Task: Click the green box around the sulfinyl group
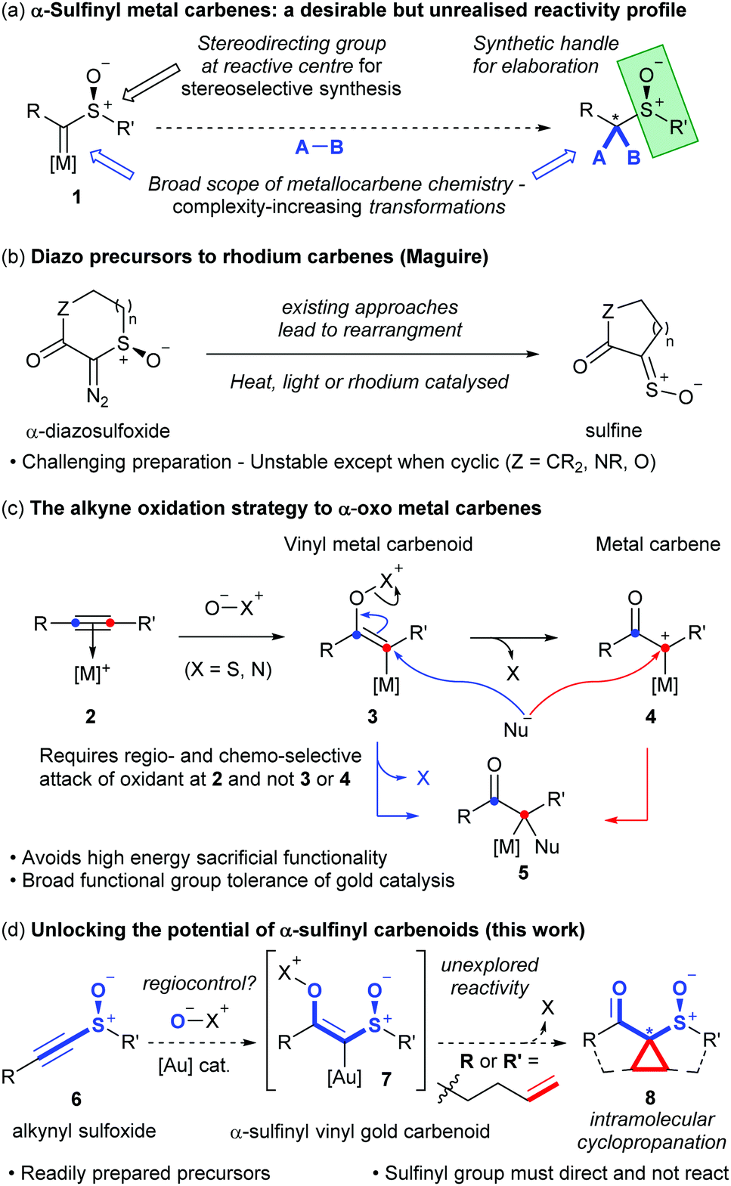[658, 101]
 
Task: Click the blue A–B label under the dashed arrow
[320, 147]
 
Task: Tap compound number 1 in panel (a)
[77, 197]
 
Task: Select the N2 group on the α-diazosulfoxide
[98, 396]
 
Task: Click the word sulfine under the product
[614, 430]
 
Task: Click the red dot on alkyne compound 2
[110, 623]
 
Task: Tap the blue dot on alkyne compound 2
[76, 623]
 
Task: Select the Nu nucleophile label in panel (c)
[516, 729]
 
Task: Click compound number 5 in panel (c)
[523, 872]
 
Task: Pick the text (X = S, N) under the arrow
[228, 670]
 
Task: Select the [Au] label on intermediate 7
[344, 1077]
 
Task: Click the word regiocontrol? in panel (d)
[200, 983]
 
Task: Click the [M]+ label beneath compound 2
[92, 674]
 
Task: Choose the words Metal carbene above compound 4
[658, 544]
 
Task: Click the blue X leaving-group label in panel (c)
[423, 779]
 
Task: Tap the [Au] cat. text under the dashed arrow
[194, 1065]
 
